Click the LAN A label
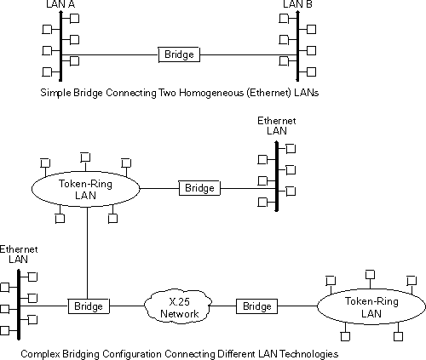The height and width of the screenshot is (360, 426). (60, 6)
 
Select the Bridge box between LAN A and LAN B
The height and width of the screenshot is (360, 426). (179, 54)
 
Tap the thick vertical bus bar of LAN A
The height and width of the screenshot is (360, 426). (61, 43)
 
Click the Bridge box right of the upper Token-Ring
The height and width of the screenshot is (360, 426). (199, 188)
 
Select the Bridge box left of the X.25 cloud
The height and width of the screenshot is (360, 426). (88, 306)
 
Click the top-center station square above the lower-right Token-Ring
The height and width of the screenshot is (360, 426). (369, 273)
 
